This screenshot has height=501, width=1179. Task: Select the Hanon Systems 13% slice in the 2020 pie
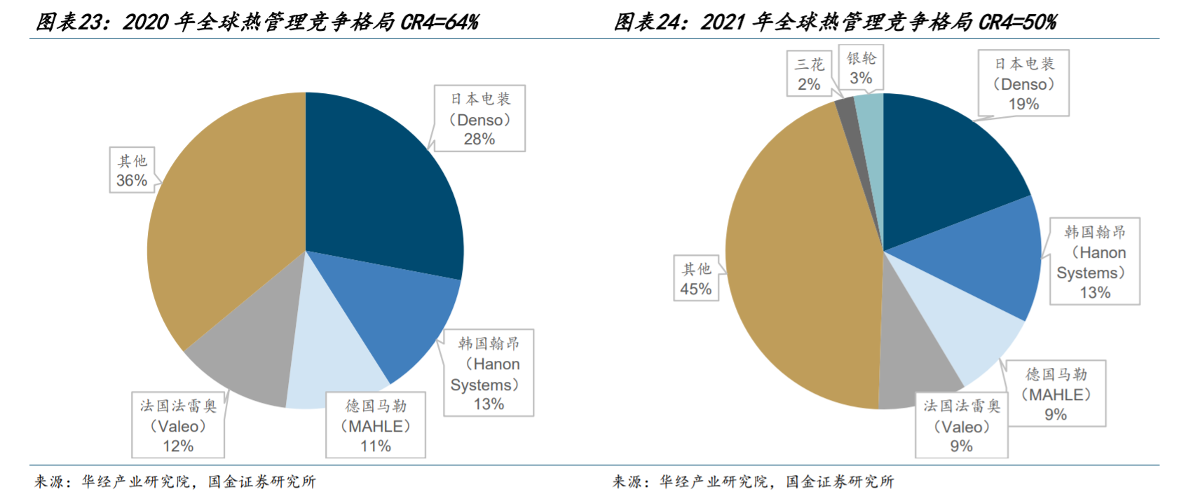(x=393, y=308)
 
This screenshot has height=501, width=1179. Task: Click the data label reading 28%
(x=479, y=139)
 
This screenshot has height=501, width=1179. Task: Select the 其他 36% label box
(x=132, y=170)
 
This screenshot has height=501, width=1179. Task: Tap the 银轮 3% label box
(x=861, y=69)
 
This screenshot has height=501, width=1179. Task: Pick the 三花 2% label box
(x=809, y=74)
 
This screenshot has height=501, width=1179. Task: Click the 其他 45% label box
(x=696, y=278)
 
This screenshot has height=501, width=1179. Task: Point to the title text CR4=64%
(x=440, y=22)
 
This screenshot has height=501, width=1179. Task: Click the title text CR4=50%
(x=1018, y=22)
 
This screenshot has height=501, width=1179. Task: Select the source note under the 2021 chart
(x=754, y=481)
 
